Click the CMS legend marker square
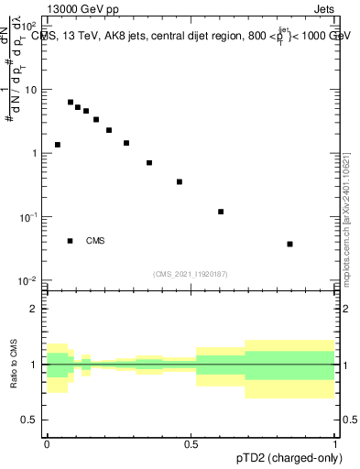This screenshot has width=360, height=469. click(x=71, y=241)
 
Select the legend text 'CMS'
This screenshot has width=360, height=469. click(x=95, y=241)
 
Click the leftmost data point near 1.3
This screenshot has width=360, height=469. click(x=58, y=145)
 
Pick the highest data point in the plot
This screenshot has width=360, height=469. click(x=71, y=103)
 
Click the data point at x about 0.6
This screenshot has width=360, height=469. click(x=221, y=212)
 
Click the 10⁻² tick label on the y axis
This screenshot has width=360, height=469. click(x=30, y=279)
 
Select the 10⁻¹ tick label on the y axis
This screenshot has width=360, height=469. click(x=30, y=217)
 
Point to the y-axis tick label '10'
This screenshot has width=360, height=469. click(x=32, y=90)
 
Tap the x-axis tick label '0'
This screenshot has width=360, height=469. click(x=46, y=443)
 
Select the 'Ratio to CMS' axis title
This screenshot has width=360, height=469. click(x=14, y=364)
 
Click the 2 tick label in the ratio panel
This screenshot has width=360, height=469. click(x=35, y=309)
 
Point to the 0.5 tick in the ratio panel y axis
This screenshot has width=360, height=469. click(x=31, y=420)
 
